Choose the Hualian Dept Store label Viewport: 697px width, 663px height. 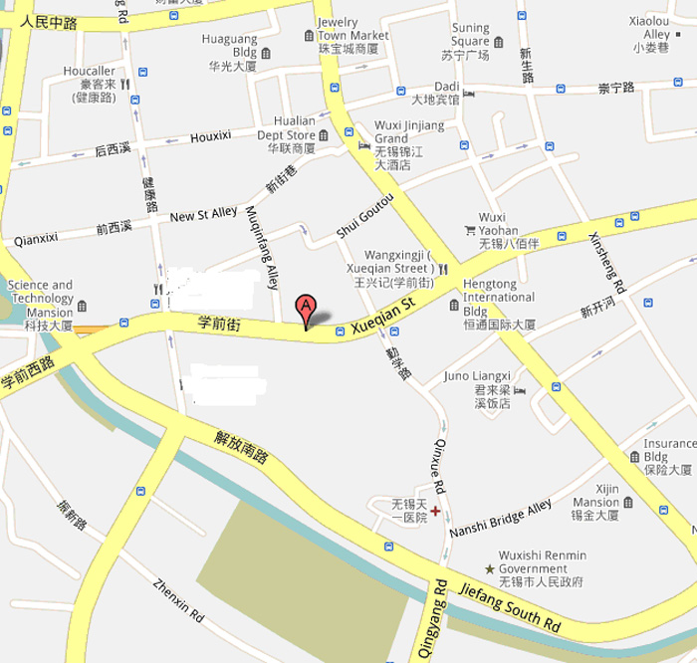(286, 135)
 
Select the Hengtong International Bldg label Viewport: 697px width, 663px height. (498, 298)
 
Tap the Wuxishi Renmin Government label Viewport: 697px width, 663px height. (543, 568)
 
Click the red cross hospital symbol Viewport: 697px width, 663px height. (436, 511)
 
